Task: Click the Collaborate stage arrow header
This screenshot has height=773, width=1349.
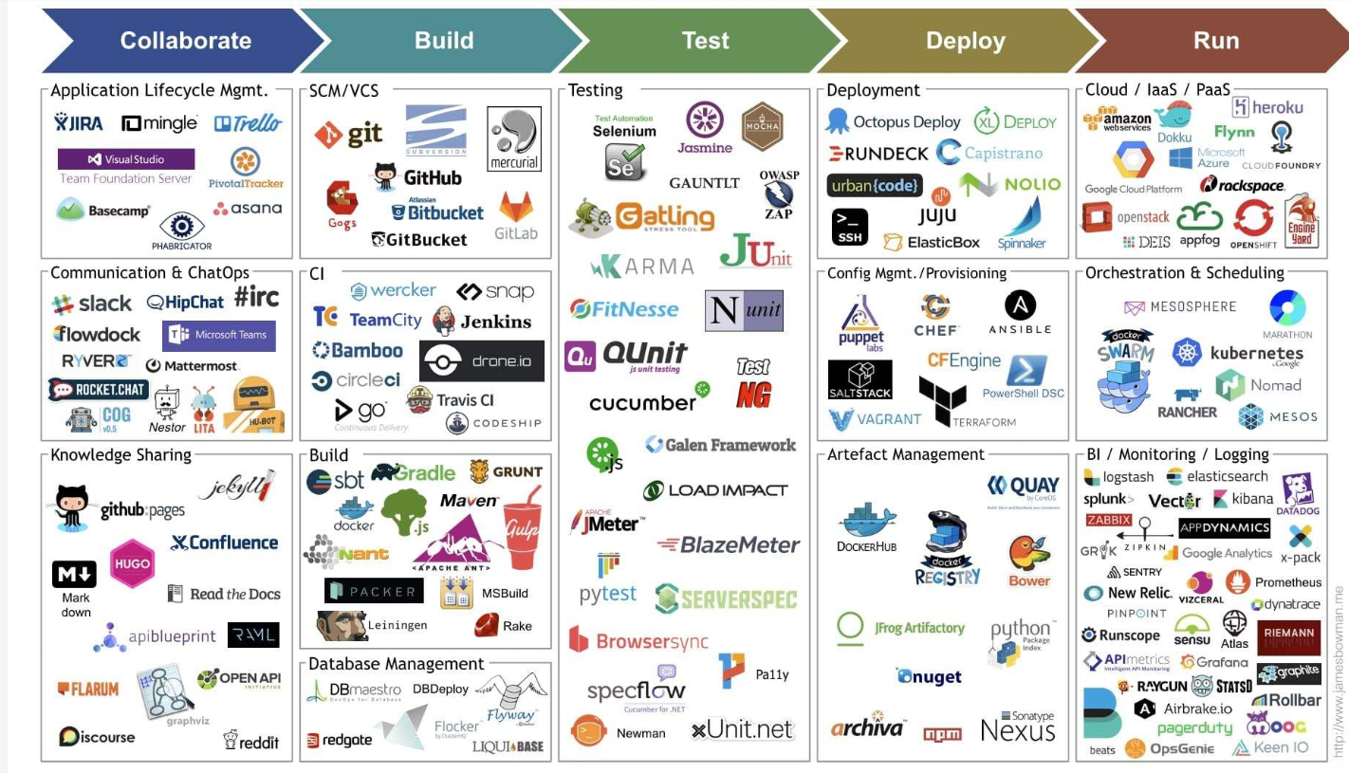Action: (185, 41)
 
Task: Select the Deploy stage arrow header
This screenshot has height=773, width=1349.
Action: (965, 41)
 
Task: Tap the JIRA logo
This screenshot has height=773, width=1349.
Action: (79, 122)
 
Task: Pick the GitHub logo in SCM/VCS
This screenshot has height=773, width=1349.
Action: (418, 176)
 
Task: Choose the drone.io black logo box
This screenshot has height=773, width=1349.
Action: (482, 360)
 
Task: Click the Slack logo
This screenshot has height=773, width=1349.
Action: (92, 304)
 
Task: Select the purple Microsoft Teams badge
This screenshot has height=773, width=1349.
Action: (219, 335)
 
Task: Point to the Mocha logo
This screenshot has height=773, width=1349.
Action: (762, 126)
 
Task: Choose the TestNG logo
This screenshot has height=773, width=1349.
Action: (754, 382)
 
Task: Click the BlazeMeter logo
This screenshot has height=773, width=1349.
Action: (729, 545)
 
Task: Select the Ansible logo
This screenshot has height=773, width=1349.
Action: (1020, 313)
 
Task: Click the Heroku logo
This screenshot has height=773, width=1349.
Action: (1267, 107)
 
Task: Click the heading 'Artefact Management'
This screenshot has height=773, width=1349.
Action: (906, 454)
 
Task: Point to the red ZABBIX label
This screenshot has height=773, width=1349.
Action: (1109, 520)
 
